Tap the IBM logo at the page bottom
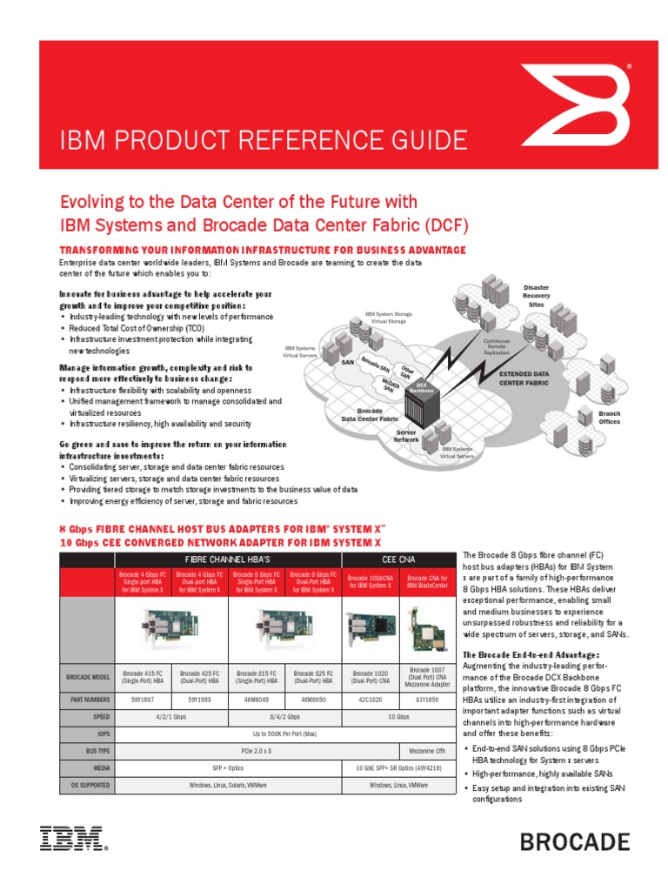[71, 839]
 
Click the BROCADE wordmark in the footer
[575, 841]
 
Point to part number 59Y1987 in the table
[144, 699]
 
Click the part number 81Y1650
[426, 699]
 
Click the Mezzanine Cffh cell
[426, 750]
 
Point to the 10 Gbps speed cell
[397, 717]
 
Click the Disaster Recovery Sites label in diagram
[536, 296]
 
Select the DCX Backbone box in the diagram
[422, 387]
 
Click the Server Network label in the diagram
[407, 435]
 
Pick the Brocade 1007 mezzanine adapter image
[426, 622]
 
